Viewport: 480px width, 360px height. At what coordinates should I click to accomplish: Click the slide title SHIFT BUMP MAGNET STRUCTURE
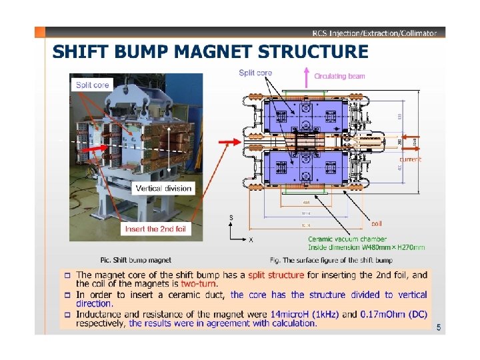click(210, 52)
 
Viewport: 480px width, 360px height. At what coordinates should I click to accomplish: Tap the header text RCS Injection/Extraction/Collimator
click(375, 33)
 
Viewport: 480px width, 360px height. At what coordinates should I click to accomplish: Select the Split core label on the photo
click(93, 85)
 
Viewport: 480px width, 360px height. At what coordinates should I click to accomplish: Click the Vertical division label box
click(163, 189)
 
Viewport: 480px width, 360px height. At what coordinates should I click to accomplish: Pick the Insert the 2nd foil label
click(155, 229)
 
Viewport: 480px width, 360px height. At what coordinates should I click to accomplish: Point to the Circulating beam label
click(339, 76)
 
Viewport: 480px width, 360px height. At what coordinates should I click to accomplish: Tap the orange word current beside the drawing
click(410, 159)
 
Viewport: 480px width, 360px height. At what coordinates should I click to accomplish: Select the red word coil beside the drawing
click(377, 223)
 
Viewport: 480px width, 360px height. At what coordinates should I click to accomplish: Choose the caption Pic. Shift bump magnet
click(135, 260)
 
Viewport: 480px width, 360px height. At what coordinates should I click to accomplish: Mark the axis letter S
click(231, 217)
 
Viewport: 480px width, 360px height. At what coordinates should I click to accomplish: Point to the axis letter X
click(251, 241)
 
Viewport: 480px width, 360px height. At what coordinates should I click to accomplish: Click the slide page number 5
click(438, 327)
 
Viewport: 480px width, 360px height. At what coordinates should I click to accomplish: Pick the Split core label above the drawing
click(255, 73)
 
